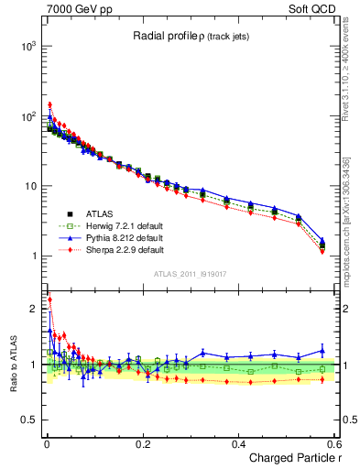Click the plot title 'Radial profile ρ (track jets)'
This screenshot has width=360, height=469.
pos(192,36)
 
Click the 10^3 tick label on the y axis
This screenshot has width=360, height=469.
pos(28,45)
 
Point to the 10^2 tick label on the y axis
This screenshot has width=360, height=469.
pos(28,115)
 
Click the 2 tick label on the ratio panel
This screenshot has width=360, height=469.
pos(35,309)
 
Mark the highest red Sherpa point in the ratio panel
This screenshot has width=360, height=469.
pos(49,300)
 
